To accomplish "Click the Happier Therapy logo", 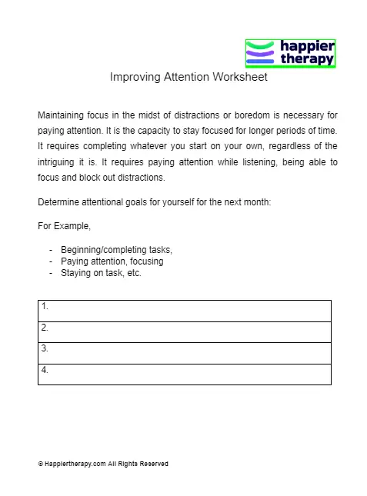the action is (x=290, y=53).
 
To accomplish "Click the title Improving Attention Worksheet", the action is (x=189, y=78).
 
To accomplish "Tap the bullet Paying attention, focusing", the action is (x=112, y=261).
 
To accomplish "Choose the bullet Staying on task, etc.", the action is (x=101, y=272).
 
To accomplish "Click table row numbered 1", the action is (x=185, y=311).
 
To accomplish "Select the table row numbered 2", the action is (x=185, y=331).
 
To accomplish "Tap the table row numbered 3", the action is (x=185, y=353).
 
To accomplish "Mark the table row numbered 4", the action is (x=185, y=374).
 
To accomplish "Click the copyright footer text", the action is (x=102, y=464).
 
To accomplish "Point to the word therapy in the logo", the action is (x=307, y=59).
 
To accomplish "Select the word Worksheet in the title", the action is (x=242, y=78).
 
